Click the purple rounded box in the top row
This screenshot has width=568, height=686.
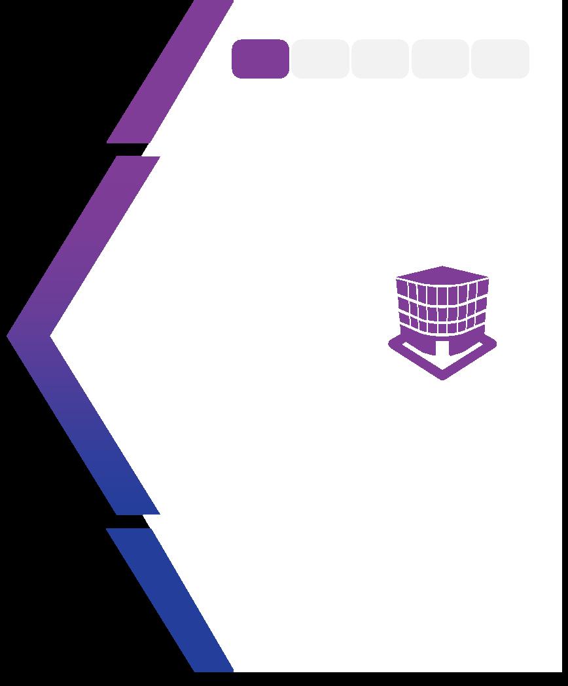(260, 59)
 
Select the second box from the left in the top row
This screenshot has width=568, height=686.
(320, 59)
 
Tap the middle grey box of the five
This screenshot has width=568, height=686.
(380, 59)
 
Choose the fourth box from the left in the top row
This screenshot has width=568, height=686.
(440, 59)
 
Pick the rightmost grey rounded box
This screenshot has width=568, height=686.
(500, 59)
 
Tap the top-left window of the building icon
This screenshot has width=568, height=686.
(402, 289)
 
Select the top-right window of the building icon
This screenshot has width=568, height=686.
(482, 289)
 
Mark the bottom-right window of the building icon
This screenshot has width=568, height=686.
(480, 321)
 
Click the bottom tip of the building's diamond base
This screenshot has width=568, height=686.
(442, 377)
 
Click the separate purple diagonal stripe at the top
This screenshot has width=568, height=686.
(170, 72)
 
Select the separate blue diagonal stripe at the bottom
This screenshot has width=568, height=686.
(170, 599)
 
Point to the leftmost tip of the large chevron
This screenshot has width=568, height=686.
(9, 336)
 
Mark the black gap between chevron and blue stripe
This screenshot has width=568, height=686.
(131, 521)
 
